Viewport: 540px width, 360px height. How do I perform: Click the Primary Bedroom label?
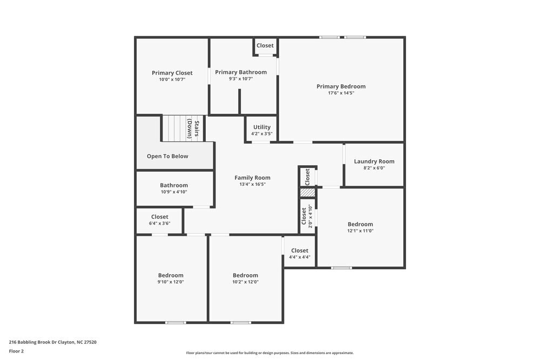pyautogui.click(x=341, y=86)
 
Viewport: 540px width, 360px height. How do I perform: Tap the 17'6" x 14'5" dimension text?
pyautogui.click(x=341, y=93)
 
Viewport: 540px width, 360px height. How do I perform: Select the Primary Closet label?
pyautogui.click(x=172, y=73)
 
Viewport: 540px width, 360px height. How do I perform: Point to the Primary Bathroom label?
pyautogui.click(x=241, y=72)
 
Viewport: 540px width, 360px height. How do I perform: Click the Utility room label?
pyautogui.click(x=262, y=127)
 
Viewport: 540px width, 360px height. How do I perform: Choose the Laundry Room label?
pyautogui.click(x=374, y=161)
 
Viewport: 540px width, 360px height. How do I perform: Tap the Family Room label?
pyautogui.click(x=252, y=178)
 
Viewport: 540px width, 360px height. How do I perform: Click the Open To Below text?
pyautogui.click(x=167, y=157)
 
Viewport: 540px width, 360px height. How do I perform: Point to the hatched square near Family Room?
pyautogui.click(x=307, y=193)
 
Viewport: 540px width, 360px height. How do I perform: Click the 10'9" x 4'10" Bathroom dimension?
pyautogui.click(x=174, y=192)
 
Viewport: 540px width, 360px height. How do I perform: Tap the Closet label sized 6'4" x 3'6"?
pyautogui.click(x=160, y=217)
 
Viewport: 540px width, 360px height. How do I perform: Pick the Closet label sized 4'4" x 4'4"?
pyautogui.click(x=300, y=250)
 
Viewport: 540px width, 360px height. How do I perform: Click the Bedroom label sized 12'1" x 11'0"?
pyautogui.click(x=360, y=225)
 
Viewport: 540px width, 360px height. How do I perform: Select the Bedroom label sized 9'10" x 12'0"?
pyautogui.click(x=171, y=275)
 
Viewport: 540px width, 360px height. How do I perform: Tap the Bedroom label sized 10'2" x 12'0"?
pyautogui.click(x=245, y=275)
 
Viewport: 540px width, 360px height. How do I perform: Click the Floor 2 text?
pyautogui.click(x=16, y=351)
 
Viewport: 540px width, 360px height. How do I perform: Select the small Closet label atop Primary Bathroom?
pyautogui.click(x=265, y=46)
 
